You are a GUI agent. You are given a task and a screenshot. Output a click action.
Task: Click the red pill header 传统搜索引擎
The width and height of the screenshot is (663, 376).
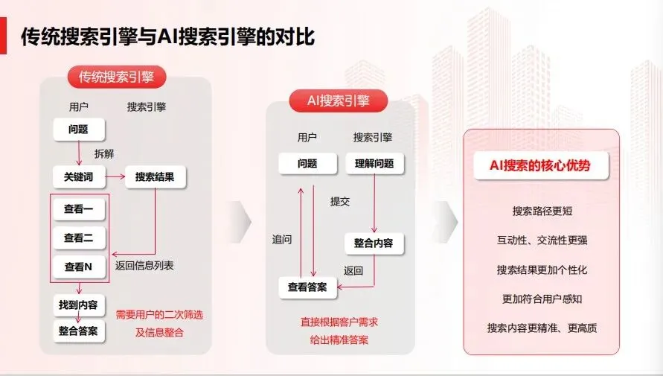pos(116,77)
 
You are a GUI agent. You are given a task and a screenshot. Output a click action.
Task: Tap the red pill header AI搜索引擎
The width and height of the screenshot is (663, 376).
pos(338,101)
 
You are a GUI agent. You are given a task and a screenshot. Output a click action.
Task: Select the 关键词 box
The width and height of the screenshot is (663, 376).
pos(78,177)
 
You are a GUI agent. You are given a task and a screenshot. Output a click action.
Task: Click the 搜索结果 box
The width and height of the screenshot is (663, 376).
pos(155,177)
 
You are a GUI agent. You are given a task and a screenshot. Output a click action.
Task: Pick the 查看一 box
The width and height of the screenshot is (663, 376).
pos(78,209)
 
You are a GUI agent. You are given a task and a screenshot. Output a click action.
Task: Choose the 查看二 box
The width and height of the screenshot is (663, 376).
pos(78,238)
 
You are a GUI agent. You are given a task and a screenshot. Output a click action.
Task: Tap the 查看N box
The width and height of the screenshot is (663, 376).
pos(78,267)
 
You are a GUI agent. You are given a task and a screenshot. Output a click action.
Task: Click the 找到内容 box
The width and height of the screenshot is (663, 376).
pos(78,305)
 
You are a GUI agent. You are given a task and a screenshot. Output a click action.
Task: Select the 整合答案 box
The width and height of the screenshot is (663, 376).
pos(78,331)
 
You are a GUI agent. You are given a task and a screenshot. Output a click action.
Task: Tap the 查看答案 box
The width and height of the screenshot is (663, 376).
pos(307,287)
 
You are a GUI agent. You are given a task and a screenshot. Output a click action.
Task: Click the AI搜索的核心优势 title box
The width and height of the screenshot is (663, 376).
pos(540,166)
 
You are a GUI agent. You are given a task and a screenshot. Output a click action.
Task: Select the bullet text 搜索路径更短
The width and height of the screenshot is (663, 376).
pos(542,211)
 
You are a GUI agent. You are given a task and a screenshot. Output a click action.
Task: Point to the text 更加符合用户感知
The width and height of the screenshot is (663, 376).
pos(542,299)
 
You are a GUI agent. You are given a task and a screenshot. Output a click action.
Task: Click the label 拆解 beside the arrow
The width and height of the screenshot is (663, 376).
pos(104,154)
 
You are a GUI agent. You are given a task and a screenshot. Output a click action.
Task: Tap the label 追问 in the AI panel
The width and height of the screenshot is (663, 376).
pos(282,240)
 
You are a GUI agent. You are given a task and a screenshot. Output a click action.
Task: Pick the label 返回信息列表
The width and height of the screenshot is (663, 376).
pos(144,266)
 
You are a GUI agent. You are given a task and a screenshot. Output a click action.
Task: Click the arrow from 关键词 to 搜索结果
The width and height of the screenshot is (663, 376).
pos(115,177)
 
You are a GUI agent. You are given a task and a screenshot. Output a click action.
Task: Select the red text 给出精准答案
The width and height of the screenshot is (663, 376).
pos(339,340)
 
